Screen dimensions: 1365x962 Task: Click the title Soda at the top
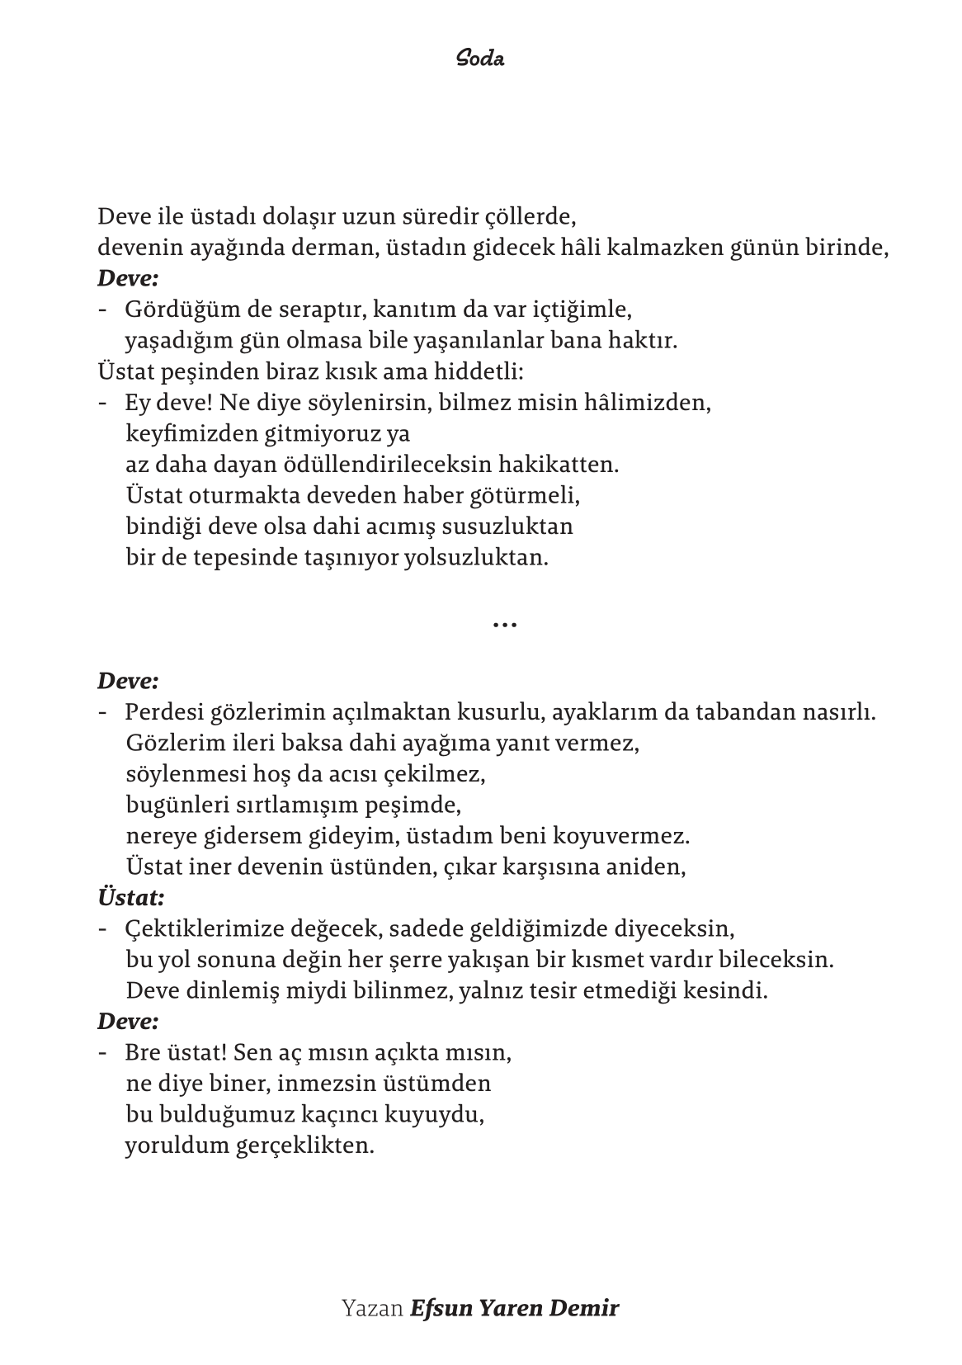480,59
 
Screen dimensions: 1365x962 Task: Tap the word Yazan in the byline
372,1308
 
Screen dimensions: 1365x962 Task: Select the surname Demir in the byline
587,1308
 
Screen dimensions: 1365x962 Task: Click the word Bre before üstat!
141,1053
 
